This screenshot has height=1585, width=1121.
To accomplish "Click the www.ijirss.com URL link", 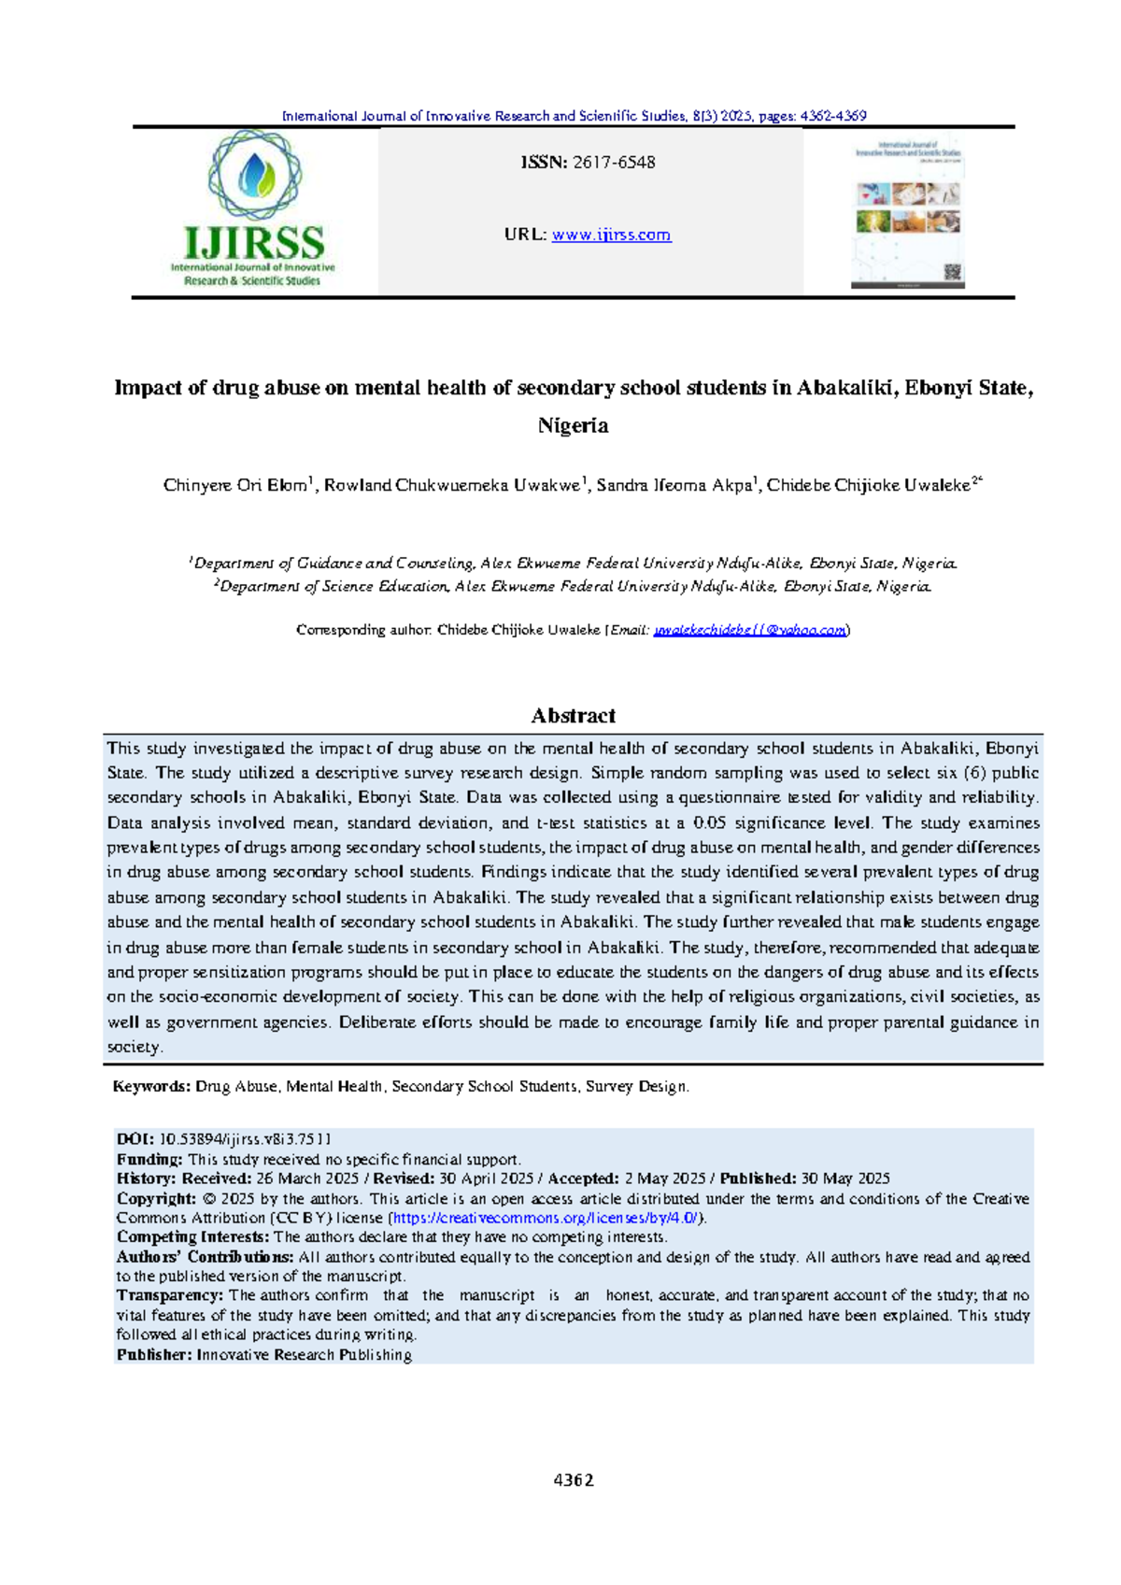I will [611, 235].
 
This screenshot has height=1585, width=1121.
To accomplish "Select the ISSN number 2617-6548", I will [614, 163].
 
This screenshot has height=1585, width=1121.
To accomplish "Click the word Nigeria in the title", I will [573, 426].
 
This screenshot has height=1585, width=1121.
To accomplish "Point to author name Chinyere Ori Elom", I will [235, 485].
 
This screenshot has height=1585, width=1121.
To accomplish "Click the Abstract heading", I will [573, 716].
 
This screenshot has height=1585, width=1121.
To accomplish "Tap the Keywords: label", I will [151, 1087].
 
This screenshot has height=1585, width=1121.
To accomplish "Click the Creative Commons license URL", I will [546, 1219].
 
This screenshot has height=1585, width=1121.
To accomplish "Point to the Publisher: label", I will [154, 1355].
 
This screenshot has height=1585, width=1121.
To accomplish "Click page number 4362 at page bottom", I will [574, 1480].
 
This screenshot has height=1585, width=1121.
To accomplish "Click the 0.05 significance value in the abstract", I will [710, 823].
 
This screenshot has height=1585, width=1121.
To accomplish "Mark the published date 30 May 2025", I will [845, 1179].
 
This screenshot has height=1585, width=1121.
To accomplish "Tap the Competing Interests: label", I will [192, 1237].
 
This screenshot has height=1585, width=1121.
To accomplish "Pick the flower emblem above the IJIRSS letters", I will [255, 175].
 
